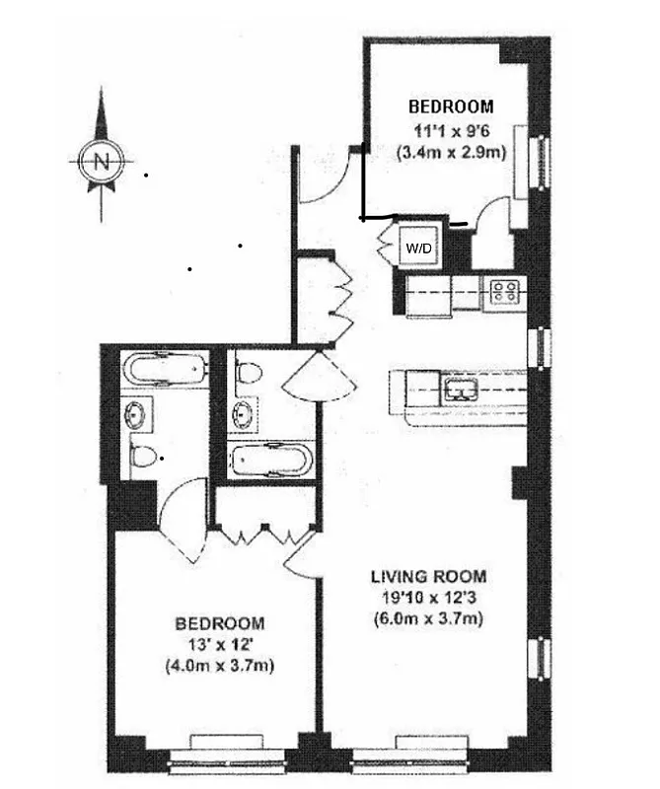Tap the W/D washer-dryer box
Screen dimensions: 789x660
coord(416,249)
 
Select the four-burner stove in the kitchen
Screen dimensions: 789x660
coord(505,291)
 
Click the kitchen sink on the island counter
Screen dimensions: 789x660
coord(461,388)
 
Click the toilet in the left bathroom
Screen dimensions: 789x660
coord(145,457)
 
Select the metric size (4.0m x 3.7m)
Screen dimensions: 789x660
coord(220,666)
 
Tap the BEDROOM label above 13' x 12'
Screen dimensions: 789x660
coord(220,623)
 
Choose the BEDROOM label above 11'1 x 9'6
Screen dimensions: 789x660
coord(451,107)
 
